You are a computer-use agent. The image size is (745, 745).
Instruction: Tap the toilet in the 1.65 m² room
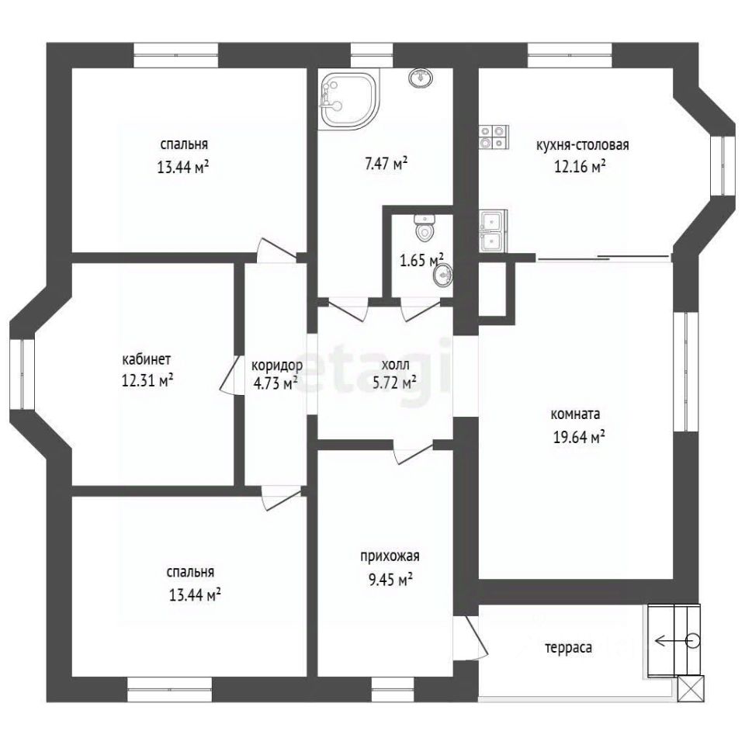click(x=424, y=227)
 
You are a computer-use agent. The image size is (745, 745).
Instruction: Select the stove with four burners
click(x=494, y=137)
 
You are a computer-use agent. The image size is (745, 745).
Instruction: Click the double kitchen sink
click(x=492, y=230)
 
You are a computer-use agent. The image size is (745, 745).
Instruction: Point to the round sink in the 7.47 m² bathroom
click(x=420, y=78)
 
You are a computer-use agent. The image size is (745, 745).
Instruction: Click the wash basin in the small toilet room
click(x=443, y=275)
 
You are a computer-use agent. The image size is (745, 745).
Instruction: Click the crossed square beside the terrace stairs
click(x=691, y=688)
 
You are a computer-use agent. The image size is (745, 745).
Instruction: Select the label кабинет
click(x=147, y=359)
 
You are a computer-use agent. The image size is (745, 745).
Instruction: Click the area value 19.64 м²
click(x=579, y=437)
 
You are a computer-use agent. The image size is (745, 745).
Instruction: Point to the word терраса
click(x=568, y=647)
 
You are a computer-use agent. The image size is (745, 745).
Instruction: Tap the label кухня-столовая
click(x=583, y=145)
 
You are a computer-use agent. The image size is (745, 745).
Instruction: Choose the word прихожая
click(x=390, y=556)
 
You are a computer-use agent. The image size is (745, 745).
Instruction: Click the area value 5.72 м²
click(x=395, y=383)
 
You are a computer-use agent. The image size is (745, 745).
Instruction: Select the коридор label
click(x=276, y=366)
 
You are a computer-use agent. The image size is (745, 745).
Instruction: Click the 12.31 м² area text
click(x=147, y=380)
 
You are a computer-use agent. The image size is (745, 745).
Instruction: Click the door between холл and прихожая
click(x=413, y=451)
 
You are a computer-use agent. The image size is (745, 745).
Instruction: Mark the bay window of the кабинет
click(x=22, y=374)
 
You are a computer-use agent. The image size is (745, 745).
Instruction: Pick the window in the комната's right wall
click(x=685, y=372)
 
